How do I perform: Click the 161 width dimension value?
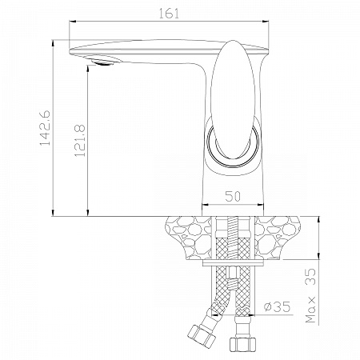coord(169,14)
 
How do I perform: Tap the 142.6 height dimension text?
coord(45,127)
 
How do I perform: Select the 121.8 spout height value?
coord(80,141)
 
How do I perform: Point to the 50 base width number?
coord(233,196)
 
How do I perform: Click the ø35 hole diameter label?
coord(277,307)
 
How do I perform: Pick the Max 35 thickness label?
coord(310,295)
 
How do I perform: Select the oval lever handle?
coord(233,99)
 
